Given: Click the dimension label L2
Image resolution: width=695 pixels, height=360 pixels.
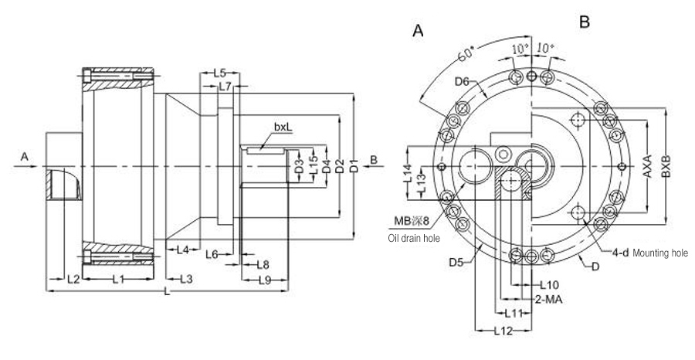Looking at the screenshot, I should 73,278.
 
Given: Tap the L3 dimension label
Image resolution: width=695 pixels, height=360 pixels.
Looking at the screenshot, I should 185,278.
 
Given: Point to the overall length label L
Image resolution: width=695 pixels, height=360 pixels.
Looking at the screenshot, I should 168,292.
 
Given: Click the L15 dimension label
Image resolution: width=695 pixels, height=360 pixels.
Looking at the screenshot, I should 314,165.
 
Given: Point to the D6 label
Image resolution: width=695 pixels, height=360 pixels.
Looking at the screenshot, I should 463,80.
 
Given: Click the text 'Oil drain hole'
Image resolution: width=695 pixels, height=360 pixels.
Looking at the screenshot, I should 414,239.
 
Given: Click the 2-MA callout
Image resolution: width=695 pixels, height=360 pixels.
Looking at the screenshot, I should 548,298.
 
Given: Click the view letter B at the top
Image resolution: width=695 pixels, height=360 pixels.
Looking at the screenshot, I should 585,23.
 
